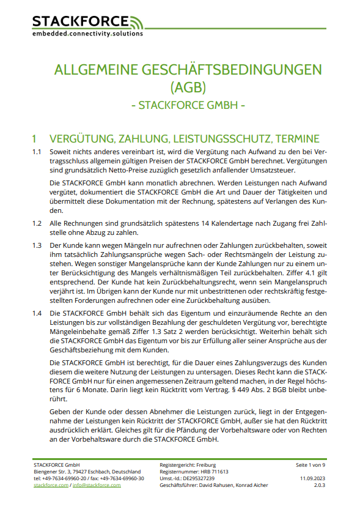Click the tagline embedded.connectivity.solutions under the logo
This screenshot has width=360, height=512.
click(87, 34)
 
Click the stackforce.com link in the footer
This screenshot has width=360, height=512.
click(51, 485)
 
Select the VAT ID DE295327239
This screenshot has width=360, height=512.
click(198, 478)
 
